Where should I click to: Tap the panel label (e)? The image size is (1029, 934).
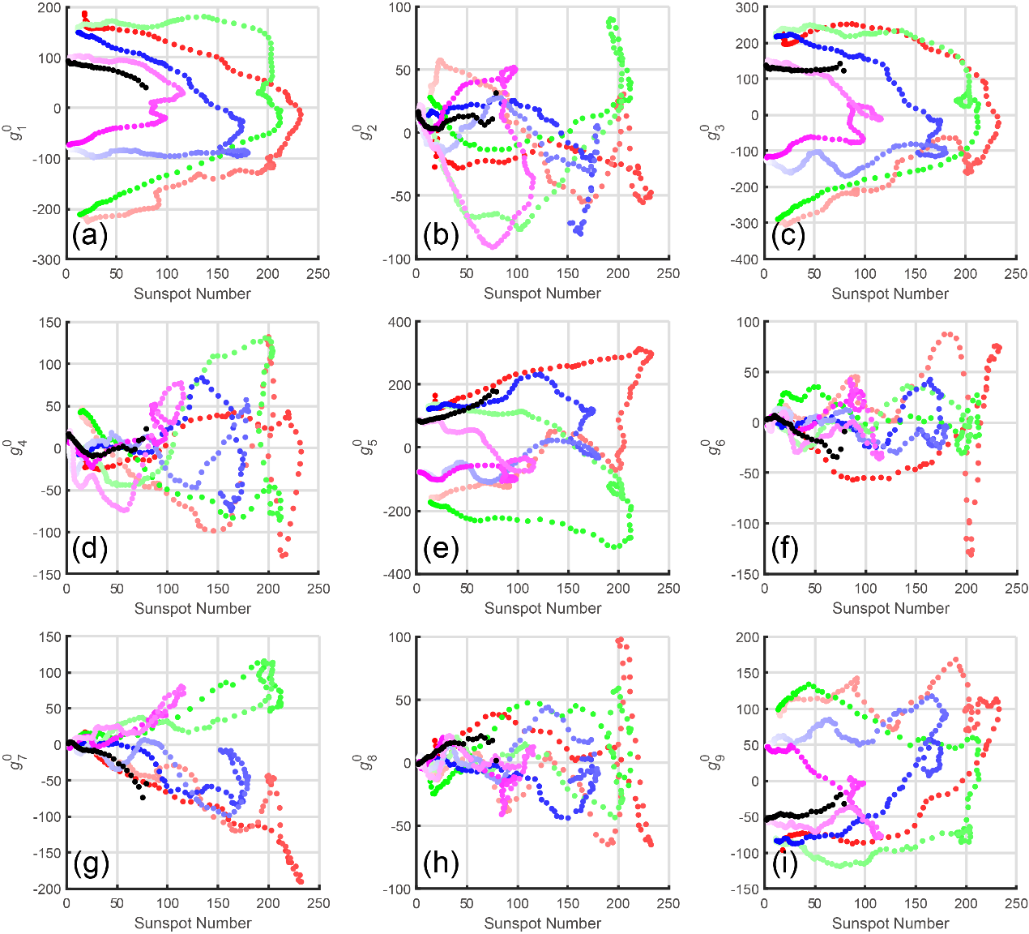tap(441, 550)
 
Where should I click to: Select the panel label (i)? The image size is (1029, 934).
tap(784, 864)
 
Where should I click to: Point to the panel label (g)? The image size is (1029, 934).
tap(91, 864)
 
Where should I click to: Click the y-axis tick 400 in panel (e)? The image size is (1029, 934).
tap(399, 323)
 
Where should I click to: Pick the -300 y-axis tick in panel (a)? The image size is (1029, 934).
tap(48, 259)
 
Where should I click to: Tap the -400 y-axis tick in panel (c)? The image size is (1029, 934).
tap(745, 259)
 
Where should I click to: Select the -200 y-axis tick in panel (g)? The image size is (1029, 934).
tap(48, 889)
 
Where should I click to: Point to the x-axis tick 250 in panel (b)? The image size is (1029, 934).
tap(668, 274)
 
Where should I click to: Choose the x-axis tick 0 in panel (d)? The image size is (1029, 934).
tap(66, 589)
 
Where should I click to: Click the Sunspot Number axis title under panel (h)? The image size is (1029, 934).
tap(543, 923)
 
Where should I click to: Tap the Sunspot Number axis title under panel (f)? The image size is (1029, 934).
tap(890, 608)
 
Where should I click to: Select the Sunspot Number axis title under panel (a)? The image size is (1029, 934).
tap(193, 293)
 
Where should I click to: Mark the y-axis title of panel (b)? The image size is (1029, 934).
tap(357, 132)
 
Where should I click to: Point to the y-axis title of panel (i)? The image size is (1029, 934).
tap(707, 762)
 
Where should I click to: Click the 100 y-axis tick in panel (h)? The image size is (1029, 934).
tap(399, 637)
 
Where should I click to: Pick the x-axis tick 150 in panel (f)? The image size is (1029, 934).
tap(916, 589)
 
